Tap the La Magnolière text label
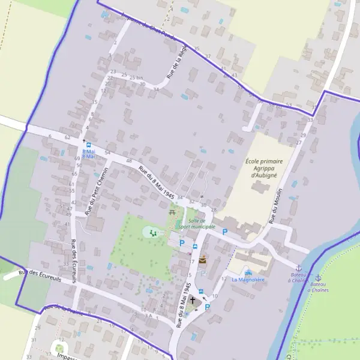pyautogui.click(x=248, y=280)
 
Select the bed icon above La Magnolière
pyautogui.click(x=248, y=272)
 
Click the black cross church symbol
pyautogui.click(x=193, y=299)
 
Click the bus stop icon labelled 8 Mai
pyautogui.click(x=89, y=145)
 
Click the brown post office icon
pyautogui.click(x=203, y=260)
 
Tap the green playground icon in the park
pyautogui.click(x=152, y=232)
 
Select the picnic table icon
pyautogui.click(x=173, y=211)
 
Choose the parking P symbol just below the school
pyautogui.click(x=225, y=232)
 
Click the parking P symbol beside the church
pyautogui.click(x=208, y=307)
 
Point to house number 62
pyautogui.click(x=68, y=138)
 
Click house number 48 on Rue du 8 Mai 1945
pyautogui.click(x=129, y=161)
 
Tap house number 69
pyautogui.click(x=77, y=158)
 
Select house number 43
pyautogui.click(x=234, y=75)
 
